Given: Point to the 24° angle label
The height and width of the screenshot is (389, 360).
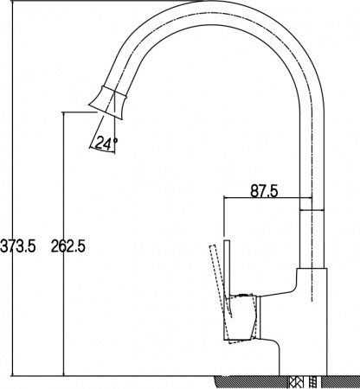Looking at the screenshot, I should (x=106, y=144).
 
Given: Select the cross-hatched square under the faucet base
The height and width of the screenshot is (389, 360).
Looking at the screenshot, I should (x=299, y=381).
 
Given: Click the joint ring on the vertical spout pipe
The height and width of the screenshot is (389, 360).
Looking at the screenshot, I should (x=311, y=208).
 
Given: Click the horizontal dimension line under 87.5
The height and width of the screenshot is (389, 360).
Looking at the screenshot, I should (x=264, y=201).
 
